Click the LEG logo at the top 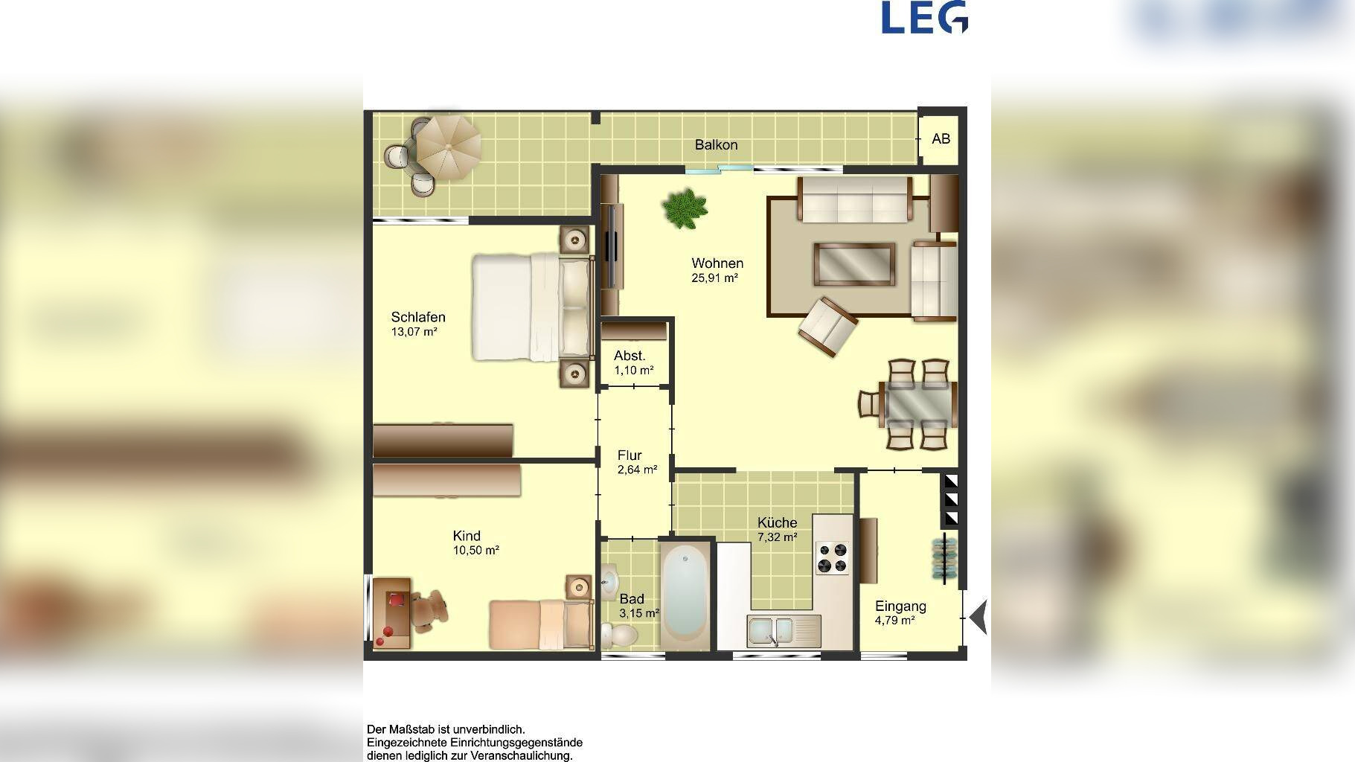point(925,17)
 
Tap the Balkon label point(716,144)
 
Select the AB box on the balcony point(941,138)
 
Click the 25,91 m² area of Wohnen point(714,278)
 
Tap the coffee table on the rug point(854,264)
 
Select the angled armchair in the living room point(827,327)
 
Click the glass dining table point(917,404)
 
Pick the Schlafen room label point(418,317)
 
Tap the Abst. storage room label point(630,356)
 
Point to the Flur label point(630,455)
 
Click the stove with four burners point(833,558)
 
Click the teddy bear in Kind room point(429,609)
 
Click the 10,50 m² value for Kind point(475,551)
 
